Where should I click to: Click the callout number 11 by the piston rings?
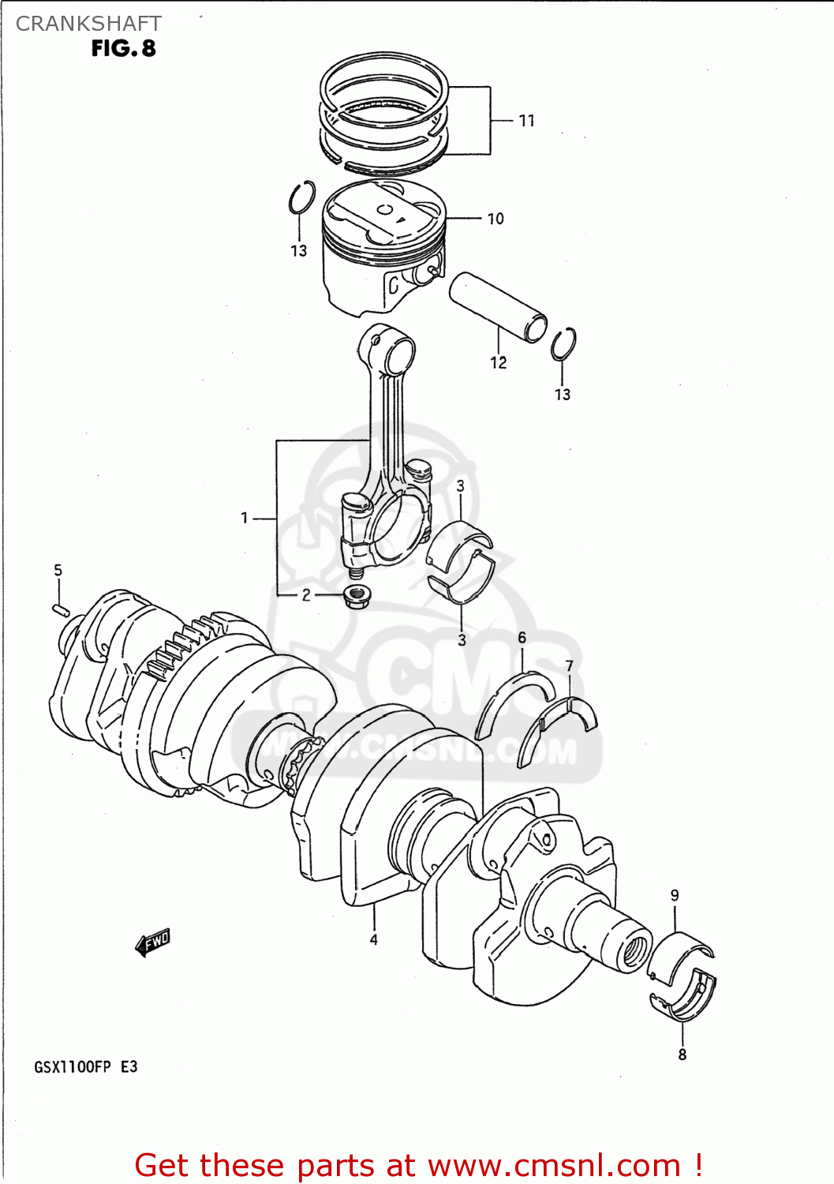[x=526, y=121]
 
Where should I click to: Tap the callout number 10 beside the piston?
[x=495, y=219]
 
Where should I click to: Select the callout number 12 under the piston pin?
[x=498, y=362]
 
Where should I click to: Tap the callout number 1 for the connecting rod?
[x=245, y=518]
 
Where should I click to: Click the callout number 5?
[x=58, y=570]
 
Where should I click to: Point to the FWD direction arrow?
[x=152, y=942]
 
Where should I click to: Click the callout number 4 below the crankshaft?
[x=373, y=939]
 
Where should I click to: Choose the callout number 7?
[x=570, y=666]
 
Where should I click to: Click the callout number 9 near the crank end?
[x=675, y=895]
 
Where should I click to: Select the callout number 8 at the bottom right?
[x=682, y=1055]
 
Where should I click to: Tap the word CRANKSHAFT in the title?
[x=88, y=24]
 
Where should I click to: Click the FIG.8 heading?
[x=123, y=49]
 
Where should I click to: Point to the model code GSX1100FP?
[x=73, y=1067]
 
